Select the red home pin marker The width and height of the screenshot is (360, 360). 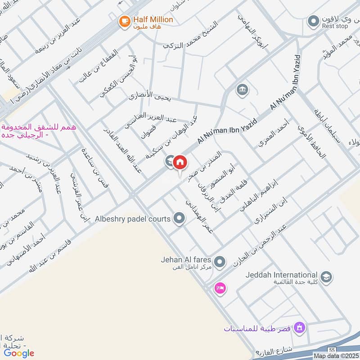point(180,162)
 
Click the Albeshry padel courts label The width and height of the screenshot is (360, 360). point(132,219)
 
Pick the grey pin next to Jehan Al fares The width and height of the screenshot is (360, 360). point(220,261)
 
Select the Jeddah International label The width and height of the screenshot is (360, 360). point(282,275)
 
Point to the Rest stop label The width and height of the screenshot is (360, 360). point(335,27)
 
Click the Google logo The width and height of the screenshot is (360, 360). point(19,353)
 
